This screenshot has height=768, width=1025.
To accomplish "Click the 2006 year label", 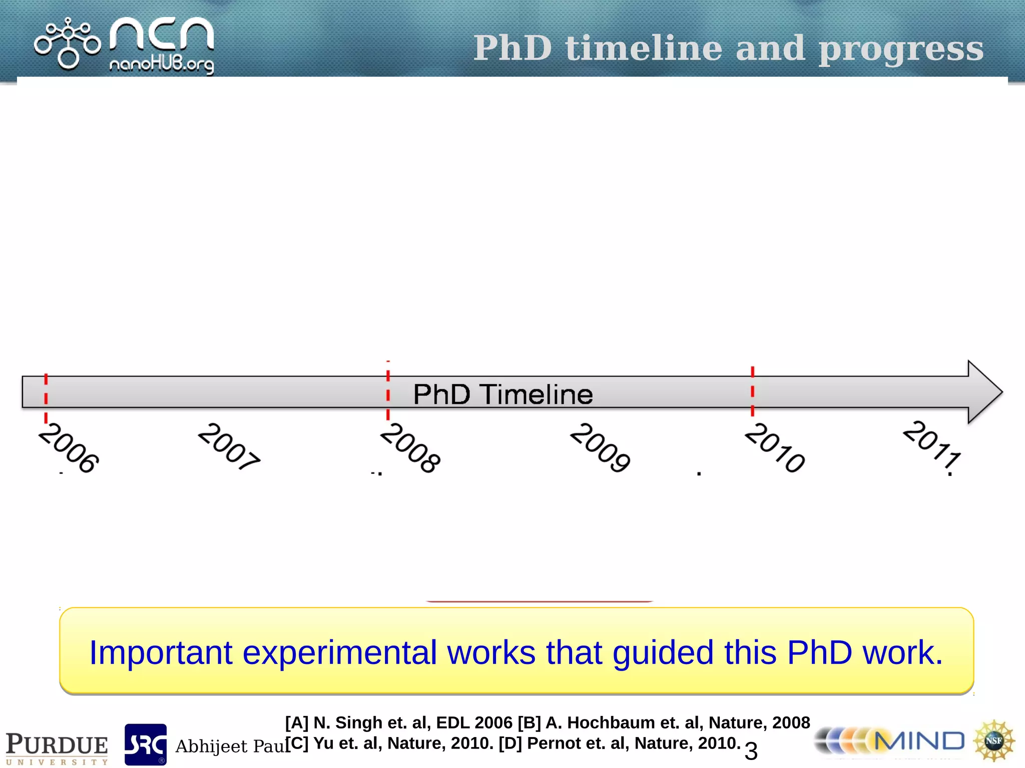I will point(69,447).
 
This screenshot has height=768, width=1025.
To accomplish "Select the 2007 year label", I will point(229,446).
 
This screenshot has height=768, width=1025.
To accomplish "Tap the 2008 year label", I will point(410,447).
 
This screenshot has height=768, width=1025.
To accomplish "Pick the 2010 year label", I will point(775,447).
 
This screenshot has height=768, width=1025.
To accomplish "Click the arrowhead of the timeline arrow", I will point(983,392).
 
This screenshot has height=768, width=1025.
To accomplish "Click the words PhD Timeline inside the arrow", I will point(503,394).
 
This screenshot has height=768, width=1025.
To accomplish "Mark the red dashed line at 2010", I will point(752,391).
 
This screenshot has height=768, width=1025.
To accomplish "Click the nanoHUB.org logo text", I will point(162,65).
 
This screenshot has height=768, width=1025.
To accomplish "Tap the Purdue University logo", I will point(57,747).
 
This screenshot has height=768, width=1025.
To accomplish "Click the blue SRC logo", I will point(146,744).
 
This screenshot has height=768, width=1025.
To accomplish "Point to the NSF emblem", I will point(994,740).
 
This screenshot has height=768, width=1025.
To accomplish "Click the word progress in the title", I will point(901,49).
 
